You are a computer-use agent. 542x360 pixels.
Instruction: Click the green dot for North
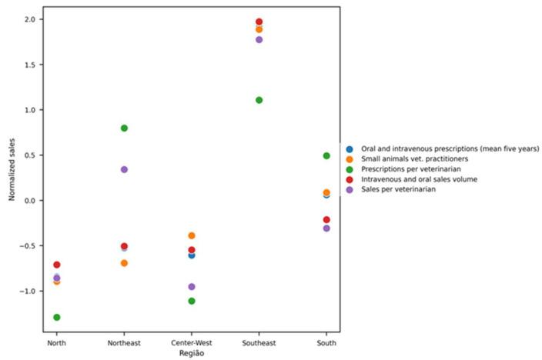coord(57,317)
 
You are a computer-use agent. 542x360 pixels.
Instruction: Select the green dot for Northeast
coord(124,128)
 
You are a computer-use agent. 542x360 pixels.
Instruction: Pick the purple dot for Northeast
coord(124,169)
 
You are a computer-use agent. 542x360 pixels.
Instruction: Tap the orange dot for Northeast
coord(124,263)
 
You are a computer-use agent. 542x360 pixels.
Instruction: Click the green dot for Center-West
coord(192,301)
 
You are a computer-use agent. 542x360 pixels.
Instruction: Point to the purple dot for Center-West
coord(192,287)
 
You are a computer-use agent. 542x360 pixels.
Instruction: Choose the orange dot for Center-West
coord(192,235)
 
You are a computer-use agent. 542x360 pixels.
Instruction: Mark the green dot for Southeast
coord(259,100)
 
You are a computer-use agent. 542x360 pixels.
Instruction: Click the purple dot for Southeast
coord(259,39)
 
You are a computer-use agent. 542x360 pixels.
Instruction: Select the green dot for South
coord(326,155)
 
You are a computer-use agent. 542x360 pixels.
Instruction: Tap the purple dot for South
coord(326,228)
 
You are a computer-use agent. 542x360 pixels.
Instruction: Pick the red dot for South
coord(326,220)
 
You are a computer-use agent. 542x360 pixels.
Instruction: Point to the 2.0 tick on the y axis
coord(34,19)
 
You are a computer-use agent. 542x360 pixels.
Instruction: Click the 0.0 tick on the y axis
coord(34,201)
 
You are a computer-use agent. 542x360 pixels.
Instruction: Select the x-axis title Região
coord(192,353)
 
